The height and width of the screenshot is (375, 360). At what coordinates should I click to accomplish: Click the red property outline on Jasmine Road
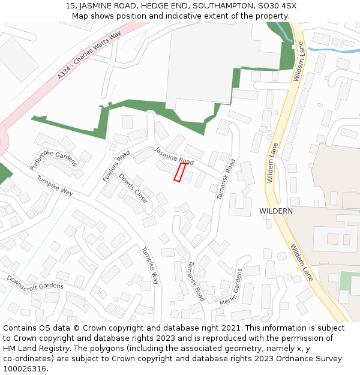pos(179,172)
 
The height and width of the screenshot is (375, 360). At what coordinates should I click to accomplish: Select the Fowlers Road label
pos(116,166)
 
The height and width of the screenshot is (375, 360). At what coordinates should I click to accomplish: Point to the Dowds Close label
pos(133,188)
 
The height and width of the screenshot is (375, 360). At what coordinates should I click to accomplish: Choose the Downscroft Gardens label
pos(35,281)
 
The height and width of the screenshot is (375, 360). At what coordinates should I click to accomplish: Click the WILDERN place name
pos(276,211)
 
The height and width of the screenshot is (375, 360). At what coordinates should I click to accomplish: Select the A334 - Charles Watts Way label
pos(89,56)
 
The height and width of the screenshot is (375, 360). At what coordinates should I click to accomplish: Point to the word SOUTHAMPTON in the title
pos(221,6)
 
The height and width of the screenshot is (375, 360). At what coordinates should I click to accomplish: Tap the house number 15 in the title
pos(70,6)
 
